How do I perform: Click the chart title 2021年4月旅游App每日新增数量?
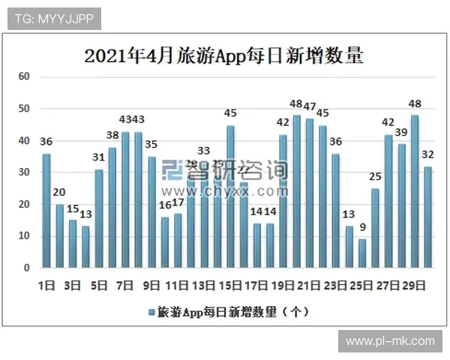[x=223, y=56]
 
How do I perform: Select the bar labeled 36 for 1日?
[x=46, y=211]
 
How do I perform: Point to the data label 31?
[x=98, y=157]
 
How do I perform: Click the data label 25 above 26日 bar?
[x=375, y=177]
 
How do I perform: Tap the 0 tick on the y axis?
[x=26, y=268]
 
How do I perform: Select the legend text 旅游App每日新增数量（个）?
[x=232, y=310]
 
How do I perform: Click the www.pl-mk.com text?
[x=389, y=341]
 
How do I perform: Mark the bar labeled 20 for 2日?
[x=60, y=236]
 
